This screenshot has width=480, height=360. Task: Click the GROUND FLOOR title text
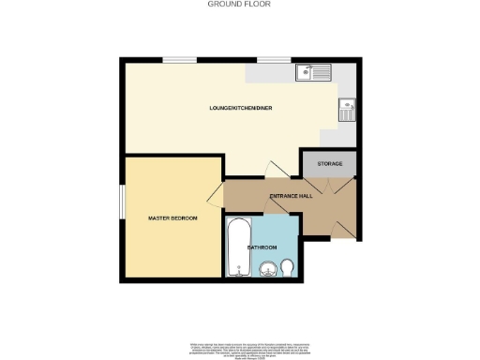pyautogui.click(x=239, y=5)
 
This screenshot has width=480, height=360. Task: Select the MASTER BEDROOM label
pyautogui.click(x=173, y=218)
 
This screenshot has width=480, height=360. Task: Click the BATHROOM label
pyautogui.click(x=262, y=247)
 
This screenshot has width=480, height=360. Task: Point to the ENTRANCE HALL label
pyautogui.click(x=291, y=196)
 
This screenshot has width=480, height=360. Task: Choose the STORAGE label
pyautogui.click(x=329, y=164)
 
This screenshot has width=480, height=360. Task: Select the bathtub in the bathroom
pyautogui.click(x=237, y=248)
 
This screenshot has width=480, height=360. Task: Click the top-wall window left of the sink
pyautogui.click(x=273, y=60)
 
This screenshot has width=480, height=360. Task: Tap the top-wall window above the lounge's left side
pyautogui.click(x=178, y=60)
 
